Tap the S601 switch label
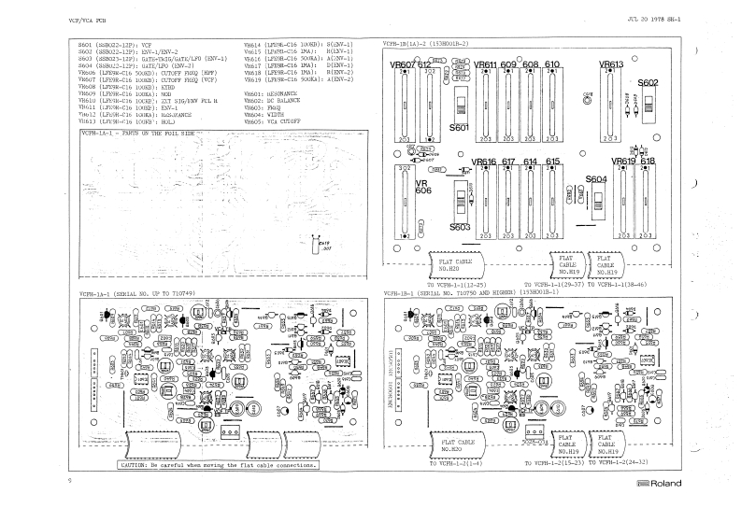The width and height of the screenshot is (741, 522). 460,127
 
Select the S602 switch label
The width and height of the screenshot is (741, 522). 649,82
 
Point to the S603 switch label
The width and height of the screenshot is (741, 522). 460,226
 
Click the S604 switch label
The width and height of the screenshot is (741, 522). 596,178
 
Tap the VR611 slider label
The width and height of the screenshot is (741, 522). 485,64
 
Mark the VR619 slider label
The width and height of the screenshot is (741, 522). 625,161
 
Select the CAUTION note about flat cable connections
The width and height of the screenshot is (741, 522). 219,464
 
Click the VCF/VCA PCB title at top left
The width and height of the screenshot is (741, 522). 88,20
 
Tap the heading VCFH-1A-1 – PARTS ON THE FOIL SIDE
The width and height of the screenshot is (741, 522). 137,134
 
